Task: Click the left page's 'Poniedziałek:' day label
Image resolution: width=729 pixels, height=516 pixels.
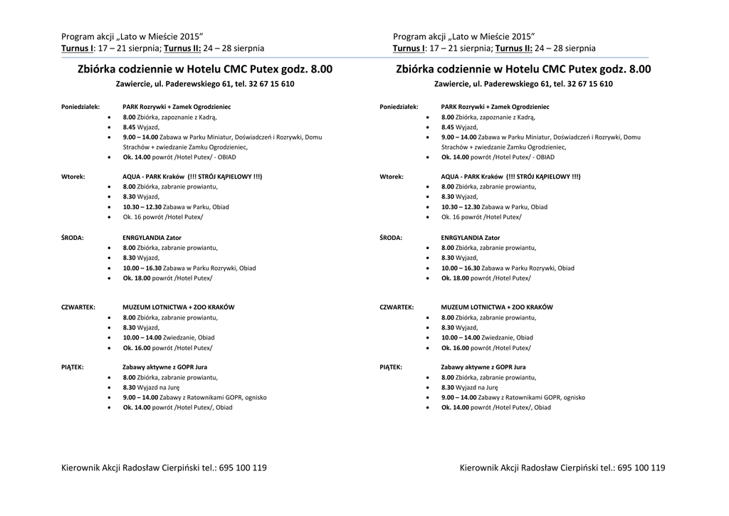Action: pyautogui.click(x=80, y=107)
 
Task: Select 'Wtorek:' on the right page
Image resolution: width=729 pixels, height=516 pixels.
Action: pyautogui.click(x=392, y=177)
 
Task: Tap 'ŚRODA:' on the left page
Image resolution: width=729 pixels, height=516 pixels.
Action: pyautogui.click(x=73, y=238)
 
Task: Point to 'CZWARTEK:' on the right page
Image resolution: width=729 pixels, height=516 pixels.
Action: pyautogui.click(x=397, y=307)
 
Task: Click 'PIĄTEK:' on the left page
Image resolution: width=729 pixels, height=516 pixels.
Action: pyautogui.click(x=73, y=367)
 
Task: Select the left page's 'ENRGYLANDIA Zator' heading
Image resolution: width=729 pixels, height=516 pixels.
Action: pyautogui.click(x=152, y=238)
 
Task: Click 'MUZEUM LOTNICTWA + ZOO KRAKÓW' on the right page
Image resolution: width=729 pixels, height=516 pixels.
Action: pyautogui.click(x=497, y=307)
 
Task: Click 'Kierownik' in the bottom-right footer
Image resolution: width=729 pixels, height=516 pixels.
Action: pyautogui.click(x=479, y=468)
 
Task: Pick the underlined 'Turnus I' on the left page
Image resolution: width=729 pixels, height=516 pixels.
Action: pyautogui.click(x=77, y=48)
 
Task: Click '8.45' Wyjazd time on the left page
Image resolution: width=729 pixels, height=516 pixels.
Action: pyautogui.click(x=129, y=127)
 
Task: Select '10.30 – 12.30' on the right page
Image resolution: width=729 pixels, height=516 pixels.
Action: pyautogui.click(x=459, y=207)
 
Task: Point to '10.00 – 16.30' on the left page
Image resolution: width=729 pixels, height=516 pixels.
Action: pyautogui.click(x=142, y=268)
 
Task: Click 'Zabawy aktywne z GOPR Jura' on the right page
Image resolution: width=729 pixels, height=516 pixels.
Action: pyautogui.click(x=483, y=367)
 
